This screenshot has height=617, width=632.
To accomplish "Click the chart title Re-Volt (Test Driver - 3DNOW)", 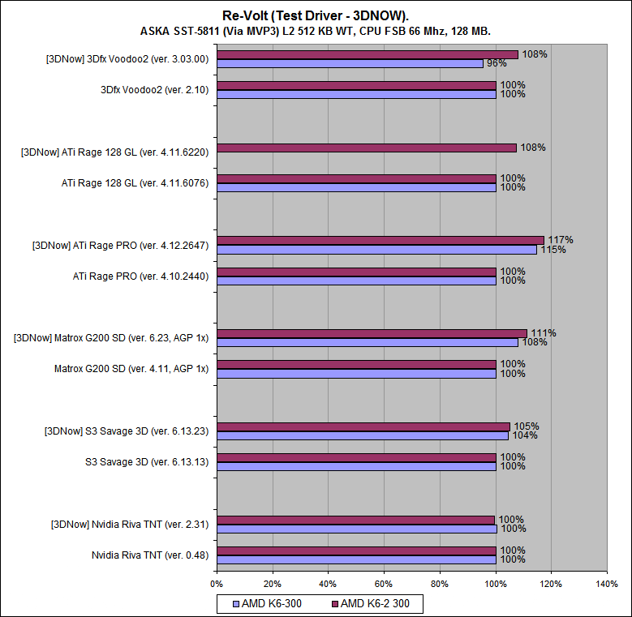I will pyautogui.click(x=316, y=15).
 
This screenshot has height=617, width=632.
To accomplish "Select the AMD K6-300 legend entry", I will pyautogui.click(x=273, y=603).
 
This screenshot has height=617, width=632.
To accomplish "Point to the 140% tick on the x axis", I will pyautogui.click(x=606, y=583).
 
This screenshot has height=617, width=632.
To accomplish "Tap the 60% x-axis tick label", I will pyautogui.click(x=384, y=583).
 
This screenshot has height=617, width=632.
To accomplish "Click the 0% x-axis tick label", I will pyautogui.click(x=217, y=583).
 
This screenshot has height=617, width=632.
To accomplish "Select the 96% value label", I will pyautogui.click(x=497, y=63).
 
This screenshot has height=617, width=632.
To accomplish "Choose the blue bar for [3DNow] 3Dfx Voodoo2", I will pyautogui.click(x=350, y=63).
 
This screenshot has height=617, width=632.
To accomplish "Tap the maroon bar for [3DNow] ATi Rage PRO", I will pyautogui.click(x=380, y=240).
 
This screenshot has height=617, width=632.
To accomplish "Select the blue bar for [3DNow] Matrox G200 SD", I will pyautogui.click(x=367, y=342).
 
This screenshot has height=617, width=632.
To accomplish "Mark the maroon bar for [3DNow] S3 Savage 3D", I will pyautogui.click(x=363, y=426).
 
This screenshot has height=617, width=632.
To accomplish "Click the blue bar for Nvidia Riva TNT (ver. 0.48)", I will pyautogui.click(x=356, y=559).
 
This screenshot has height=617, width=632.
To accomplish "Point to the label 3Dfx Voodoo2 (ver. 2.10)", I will pyautogui.click(x=154, y=90).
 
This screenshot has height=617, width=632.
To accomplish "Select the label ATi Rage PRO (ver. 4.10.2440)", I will pyautogui.click(x=140, y=276).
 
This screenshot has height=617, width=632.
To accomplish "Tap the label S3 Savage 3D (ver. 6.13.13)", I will pyautogui.click(x=147, y=462).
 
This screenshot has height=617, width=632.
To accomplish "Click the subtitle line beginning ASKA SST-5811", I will pyautogui.click(x=316, y=31).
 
